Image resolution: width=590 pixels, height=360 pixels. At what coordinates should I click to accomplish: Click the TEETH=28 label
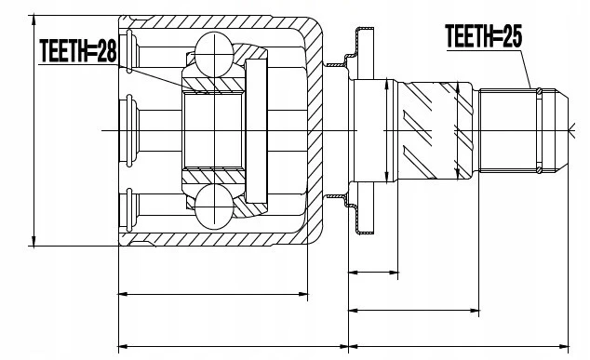coord(78,51)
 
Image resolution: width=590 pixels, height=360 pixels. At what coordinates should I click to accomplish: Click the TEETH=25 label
coord(484,36)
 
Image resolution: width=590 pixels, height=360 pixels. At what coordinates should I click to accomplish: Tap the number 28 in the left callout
coord(107,51)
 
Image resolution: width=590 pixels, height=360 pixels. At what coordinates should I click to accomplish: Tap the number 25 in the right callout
coord(513,36)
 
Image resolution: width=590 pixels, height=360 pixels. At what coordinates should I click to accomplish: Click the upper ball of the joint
coord(214,55)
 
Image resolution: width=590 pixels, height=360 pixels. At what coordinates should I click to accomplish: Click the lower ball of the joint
coord(214,207)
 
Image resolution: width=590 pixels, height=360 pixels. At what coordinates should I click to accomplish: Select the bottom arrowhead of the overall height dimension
coord(34,242)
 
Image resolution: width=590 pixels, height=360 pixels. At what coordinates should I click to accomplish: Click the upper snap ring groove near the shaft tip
coord(539,91)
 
